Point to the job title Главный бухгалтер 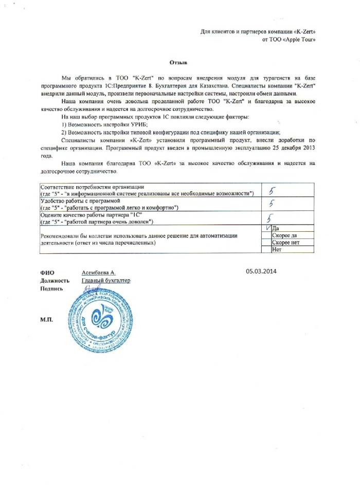pyautogui.click(x=106, y=281)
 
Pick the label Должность pyautogui.click(x=55, y=281)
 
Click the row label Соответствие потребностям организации pyautogui.click(x=93, y=186)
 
